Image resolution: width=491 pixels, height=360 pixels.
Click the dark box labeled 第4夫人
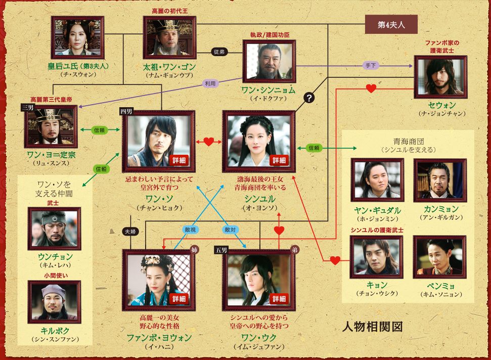click(390, 24)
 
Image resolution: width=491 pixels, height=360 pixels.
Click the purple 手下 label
click(369, 65)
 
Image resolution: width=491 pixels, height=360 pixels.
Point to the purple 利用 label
click(209, 83)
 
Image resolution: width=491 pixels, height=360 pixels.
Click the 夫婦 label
click(130, 231)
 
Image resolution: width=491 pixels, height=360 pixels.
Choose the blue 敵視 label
click(190, 229)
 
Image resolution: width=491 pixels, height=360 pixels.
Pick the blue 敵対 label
click(231, 229)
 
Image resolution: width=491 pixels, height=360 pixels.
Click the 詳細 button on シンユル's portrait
click(279, 160)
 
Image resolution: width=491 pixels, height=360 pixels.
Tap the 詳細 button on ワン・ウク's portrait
click(279, 298)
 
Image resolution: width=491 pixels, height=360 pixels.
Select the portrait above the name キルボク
click(54, 302)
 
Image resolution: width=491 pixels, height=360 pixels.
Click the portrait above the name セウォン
click(440, 77)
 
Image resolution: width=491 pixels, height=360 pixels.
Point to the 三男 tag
click(27, 108)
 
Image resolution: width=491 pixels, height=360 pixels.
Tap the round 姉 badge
click(194, 250)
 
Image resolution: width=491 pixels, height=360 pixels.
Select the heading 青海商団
click(408, 141)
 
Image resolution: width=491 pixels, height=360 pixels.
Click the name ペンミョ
click(439, 285)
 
